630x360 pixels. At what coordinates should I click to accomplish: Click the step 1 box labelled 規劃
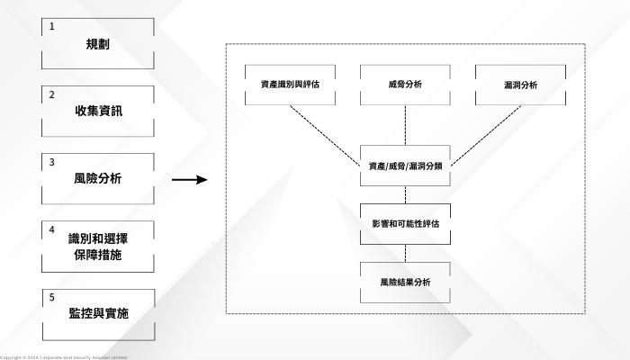(98, 43)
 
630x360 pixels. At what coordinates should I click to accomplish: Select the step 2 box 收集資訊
(98, 111)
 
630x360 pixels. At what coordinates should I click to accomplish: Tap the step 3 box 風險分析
(98, 178)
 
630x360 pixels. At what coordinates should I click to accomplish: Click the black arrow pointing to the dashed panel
(189, 180)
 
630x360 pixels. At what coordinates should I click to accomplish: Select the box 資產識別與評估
(291, 85)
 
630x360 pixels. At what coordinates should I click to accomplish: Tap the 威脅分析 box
(405, 85)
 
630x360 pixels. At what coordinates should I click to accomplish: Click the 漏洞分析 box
(520, 85)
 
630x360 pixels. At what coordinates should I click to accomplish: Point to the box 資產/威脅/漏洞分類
(405, 166)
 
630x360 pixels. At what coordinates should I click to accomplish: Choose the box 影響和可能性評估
(405, 221)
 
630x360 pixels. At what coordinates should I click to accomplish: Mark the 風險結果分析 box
(405, 282)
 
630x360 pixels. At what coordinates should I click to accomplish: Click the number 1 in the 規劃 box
(52, 26)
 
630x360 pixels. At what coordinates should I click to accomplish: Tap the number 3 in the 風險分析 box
(52, 162)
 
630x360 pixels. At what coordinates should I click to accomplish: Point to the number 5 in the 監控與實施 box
(52, 297)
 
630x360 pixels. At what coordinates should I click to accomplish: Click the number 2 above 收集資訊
(52, 94)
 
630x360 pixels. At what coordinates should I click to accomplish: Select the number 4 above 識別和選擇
(52, 229)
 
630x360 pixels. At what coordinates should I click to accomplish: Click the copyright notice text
(63, 357)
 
